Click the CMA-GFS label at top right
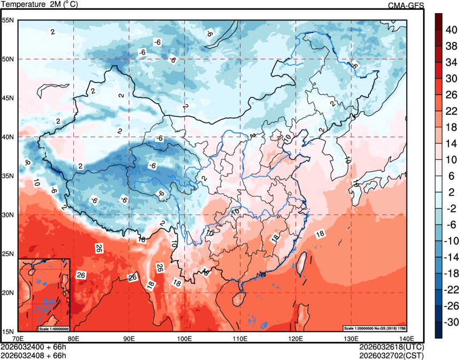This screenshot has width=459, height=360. [406, 5]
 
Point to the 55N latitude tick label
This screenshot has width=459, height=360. [7, 20]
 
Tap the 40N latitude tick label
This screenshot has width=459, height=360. [7, 137]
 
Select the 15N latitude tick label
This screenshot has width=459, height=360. [7, 331]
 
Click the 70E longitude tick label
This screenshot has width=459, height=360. [18, 338]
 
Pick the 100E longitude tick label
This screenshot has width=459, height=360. [184, 338]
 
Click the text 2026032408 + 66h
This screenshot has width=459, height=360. [34, 354]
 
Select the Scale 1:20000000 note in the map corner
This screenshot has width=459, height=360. [376, 327]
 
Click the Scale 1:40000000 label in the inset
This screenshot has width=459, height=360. [53, 328]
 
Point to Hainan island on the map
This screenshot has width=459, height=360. [240, 296]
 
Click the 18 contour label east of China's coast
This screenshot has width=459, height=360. [320, 234]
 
